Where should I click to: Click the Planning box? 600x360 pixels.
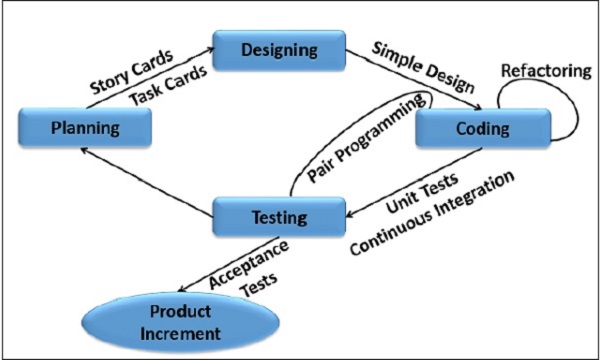(87, 127)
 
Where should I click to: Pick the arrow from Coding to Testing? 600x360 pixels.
(400, 180)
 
